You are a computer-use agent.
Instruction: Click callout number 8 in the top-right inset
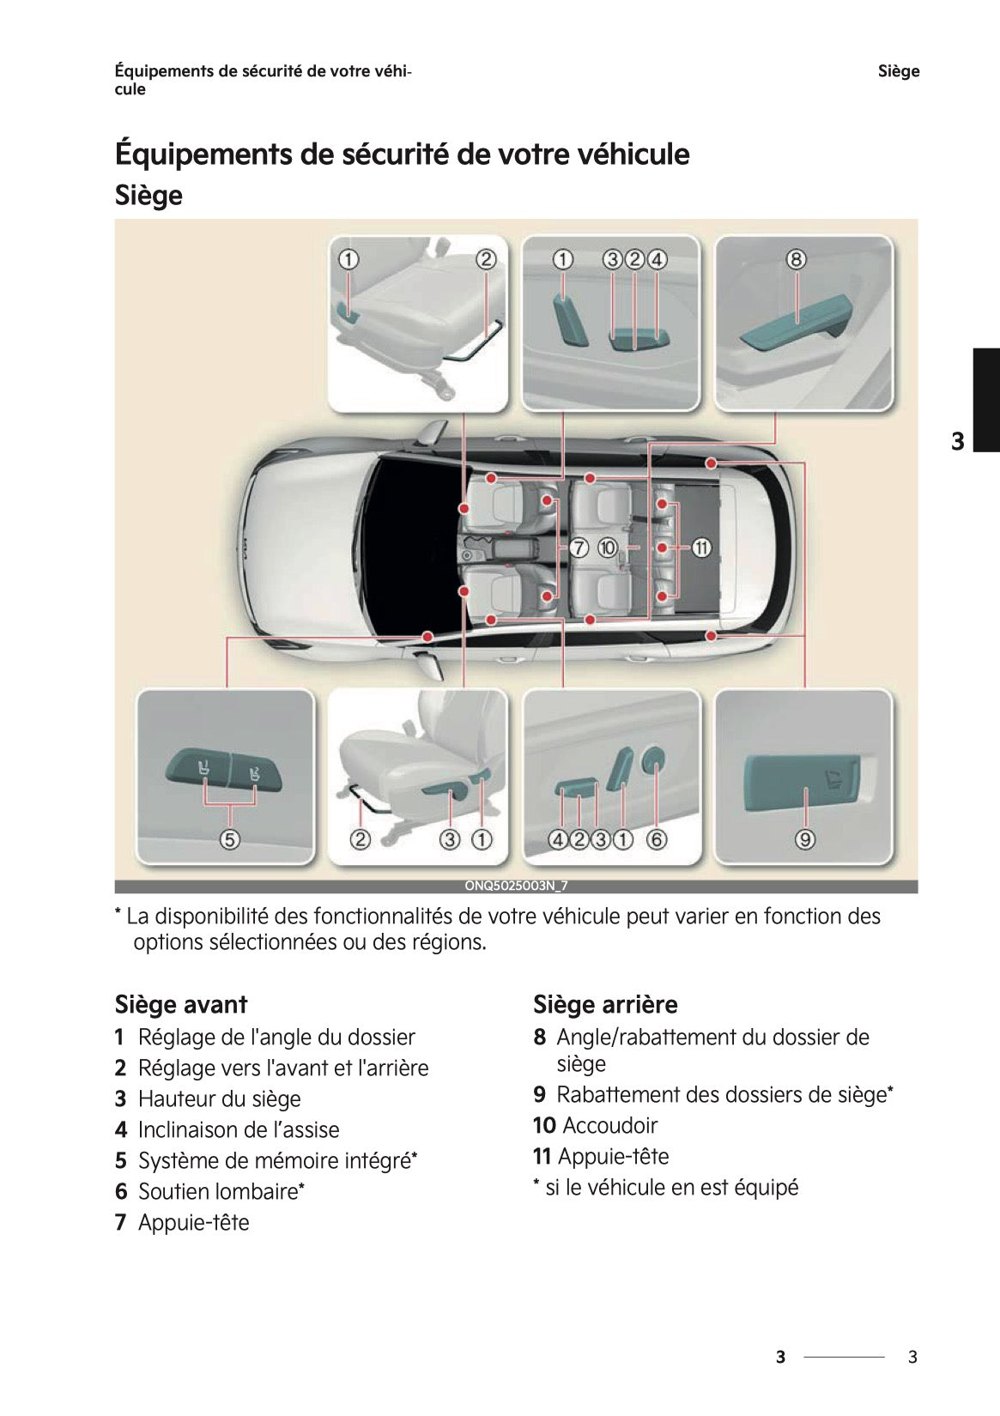point(796,259)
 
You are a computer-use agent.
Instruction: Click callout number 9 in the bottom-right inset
point(805,839)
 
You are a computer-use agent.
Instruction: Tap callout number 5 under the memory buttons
point(229,839)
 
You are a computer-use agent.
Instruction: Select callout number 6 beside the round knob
point(657,839)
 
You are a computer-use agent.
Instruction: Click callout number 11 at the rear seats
point(701,547)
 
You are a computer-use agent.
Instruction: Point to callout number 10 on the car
point(608,547)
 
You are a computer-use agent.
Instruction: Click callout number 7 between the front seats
point(579,547)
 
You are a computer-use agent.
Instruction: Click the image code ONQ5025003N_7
point(516,887)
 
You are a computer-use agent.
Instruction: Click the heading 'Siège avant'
point(181,1004)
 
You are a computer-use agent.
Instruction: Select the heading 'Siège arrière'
point(605,1004)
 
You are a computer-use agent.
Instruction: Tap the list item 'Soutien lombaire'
point(217,1191)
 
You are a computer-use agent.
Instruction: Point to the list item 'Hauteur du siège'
point(219,1098)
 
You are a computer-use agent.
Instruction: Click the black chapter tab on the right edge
point(985,399)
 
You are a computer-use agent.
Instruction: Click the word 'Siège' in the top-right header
point(898,71)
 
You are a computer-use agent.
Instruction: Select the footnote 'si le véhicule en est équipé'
point(671,1187)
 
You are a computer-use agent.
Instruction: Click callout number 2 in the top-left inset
point(486,259)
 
